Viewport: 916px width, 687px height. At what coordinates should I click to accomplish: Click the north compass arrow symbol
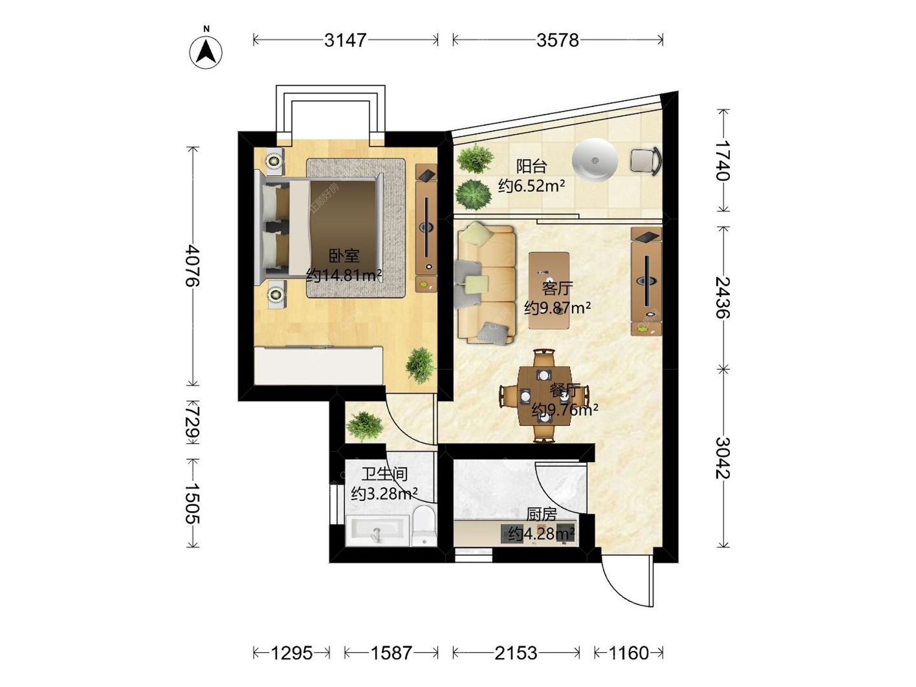tap(206, 52)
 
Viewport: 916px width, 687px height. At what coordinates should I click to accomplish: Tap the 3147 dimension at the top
tap(345, 40)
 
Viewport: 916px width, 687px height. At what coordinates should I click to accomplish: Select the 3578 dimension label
tap(558, 40)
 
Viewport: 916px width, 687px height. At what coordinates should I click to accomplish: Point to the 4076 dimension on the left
tap(193, 265)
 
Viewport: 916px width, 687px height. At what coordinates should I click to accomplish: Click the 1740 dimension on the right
tap(723, 160)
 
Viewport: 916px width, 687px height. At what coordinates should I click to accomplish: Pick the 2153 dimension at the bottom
tap(516, 653)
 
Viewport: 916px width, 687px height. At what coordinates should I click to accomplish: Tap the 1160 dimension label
tap(628, 653)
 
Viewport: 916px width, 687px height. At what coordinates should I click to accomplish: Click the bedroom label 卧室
tap(344, 256)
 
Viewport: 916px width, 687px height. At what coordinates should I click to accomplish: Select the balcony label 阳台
tap(531, 167)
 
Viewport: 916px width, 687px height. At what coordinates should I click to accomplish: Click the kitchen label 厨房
tap(541, 514)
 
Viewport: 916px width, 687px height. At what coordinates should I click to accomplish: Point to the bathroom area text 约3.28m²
tap(385, 493)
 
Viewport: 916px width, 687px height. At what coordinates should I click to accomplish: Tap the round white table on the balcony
tap(594, 160)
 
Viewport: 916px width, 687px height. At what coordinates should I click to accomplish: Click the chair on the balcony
tap(646, 160)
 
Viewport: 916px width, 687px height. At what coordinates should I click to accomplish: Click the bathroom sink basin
tap(377, 531)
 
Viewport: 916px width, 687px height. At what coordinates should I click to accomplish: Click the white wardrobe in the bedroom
tap(319, 365)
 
